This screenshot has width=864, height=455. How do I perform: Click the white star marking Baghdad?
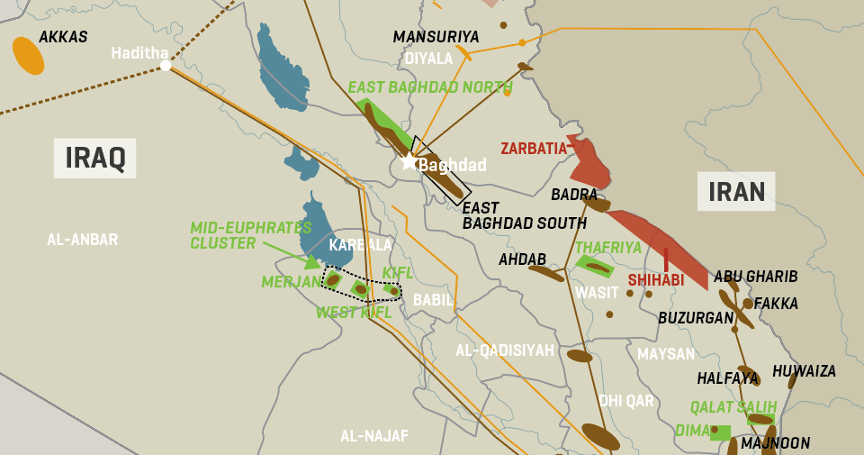tap(409, 161)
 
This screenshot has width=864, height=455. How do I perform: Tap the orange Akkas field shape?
tap(28, 56)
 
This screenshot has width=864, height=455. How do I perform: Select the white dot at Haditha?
tap(165, 65)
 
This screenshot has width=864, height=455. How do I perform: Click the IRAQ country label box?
tap(94, 158)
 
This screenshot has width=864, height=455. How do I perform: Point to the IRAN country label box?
tap(736, 191)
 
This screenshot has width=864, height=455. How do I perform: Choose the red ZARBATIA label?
tap(534, 148)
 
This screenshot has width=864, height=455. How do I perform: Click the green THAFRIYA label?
tap(607, 247)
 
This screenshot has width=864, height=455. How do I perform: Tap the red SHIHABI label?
tap(655, 280)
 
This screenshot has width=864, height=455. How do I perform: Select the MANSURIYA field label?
tap(436, 37)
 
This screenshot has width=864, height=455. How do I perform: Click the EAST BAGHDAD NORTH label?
tap(430, 87)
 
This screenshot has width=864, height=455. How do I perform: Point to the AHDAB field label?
tap(522, 259)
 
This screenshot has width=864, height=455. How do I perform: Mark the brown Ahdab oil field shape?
tap(545, 273)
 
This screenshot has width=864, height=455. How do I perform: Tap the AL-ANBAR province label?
tap(82, 240)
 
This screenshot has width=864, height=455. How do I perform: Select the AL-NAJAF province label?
tap(373, 436)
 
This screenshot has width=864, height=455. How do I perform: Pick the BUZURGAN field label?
tap(696, 318)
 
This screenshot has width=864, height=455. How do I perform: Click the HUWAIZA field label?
tap(804, 371)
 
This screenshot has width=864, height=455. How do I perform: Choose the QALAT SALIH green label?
tap(733, 406)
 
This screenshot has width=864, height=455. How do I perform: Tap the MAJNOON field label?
tap(775, 443)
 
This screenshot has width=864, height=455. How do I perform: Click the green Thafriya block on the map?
tap(595, 266)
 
